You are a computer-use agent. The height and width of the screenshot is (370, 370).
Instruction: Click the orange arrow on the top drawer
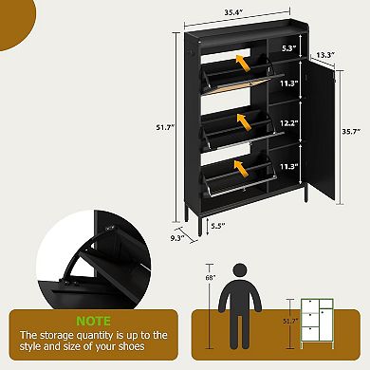(x=245, y=65)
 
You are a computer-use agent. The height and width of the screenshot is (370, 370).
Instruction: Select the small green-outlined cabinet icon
(x=315, y=324)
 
